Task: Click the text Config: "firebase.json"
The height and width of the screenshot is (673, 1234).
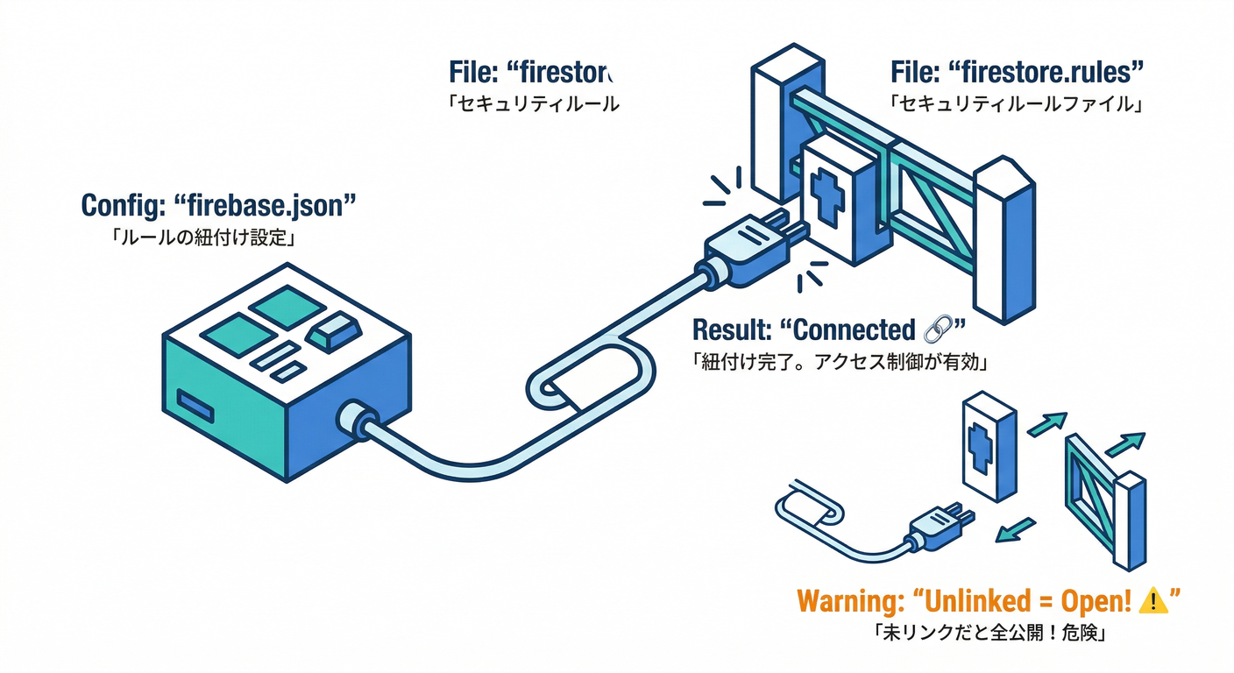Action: [218, 206]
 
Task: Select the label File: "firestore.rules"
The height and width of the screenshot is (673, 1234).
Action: [1018, 72]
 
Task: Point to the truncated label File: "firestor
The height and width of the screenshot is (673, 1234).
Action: [533, 72]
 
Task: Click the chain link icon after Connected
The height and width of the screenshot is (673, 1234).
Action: [936, 330]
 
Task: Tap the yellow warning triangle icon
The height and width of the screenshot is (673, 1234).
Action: [1154, 601]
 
